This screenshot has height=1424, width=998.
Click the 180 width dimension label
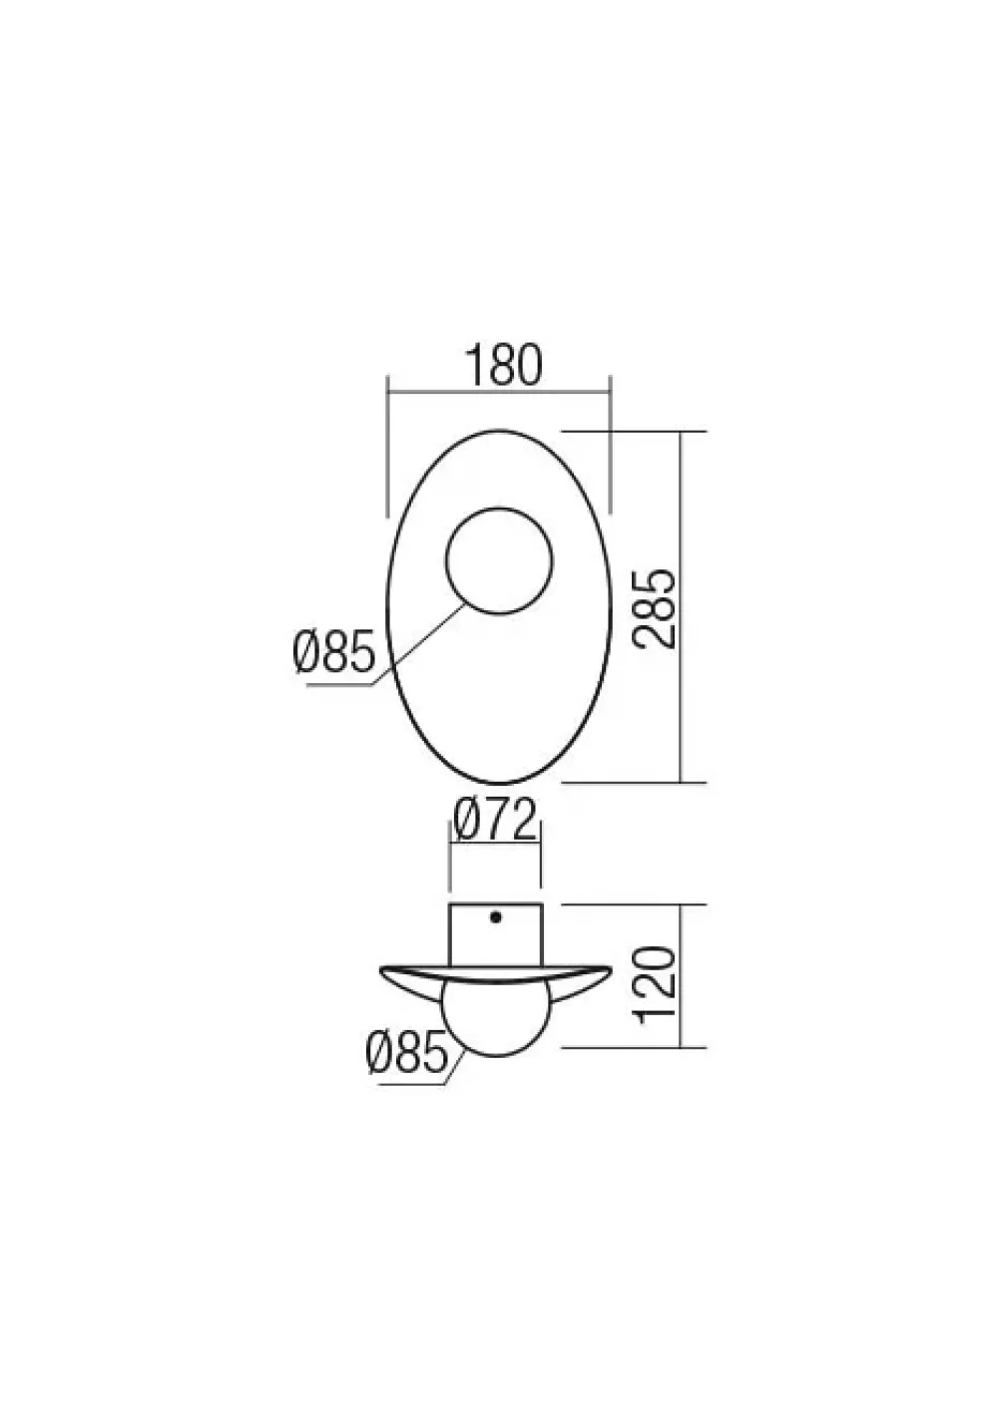502,365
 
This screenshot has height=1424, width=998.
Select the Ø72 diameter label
496,821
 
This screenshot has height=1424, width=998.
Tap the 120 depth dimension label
657,984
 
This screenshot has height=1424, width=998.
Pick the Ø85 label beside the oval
334,653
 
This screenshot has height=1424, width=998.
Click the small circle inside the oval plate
498,561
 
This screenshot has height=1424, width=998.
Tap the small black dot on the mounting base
495,915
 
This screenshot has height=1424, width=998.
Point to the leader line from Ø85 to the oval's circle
419,646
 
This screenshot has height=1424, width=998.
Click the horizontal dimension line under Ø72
496,844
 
